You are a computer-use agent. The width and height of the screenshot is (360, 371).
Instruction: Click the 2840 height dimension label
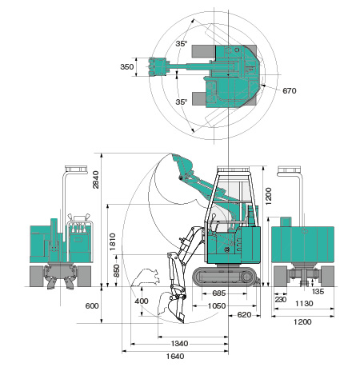coord(95,180)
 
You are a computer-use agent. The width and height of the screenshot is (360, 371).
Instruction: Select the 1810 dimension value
coord(113,241)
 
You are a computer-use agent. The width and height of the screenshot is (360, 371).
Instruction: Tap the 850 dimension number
coord(117,271)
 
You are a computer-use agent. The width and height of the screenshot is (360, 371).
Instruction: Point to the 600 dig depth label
coord(92,305)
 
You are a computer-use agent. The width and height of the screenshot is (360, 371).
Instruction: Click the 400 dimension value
coord(142,301)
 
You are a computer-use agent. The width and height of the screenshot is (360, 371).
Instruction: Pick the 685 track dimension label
coord(219,293)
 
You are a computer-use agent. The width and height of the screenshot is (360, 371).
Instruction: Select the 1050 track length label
coord(217,306)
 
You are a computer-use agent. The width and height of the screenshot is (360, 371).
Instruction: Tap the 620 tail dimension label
coord(244,315)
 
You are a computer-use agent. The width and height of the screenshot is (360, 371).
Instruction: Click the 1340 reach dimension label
coord(179,344)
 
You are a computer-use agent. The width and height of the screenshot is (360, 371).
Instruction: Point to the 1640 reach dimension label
coord(175,356)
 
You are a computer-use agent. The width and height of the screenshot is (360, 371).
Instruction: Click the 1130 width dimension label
coord(304,303)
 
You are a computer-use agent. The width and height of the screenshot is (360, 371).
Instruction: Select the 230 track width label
coord(281,300)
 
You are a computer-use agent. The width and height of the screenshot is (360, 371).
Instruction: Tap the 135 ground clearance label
coord(318,292)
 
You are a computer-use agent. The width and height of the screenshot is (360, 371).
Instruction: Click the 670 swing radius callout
coord(290,91)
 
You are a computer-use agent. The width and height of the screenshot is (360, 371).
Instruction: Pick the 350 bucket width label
coord(127,66)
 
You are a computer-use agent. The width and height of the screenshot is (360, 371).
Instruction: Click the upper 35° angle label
coord(182,44)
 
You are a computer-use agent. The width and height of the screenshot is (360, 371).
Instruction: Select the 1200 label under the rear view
coord(302,322)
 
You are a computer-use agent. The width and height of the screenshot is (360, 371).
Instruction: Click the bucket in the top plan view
coord(158,66)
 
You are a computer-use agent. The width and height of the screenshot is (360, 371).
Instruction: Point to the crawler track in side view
coord(226,277)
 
